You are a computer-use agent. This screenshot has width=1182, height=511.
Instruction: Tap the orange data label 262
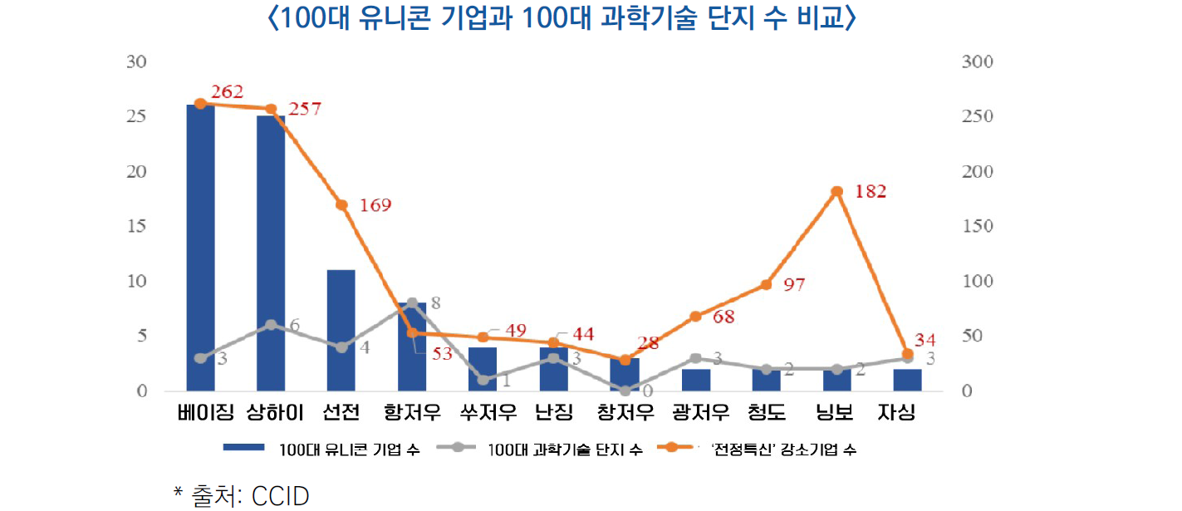click(x=227, y=91)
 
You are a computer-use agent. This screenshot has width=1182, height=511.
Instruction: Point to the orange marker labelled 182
click(x=836, y=192)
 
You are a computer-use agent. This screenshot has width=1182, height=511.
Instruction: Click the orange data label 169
click(x=375, y=205)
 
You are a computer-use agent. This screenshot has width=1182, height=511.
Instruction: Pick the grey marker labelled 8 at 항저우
click(x=412, y=303)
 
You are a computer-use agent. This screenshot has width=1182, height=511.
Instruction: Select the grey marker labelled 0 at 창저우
click(x=625, y=391)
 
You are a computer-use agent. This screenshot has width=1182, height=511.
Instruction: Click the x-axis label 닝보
click(x=835, y=412)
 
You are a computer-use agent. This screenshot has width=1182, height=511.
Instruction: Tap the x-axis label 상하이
click(x=271, y=412)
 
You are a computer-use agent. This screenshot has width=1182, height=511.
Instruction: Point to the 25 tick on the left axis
click(x=136, y=117)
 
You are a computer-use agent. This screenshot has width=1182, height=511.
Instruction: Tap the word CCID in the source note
click(x=280, y=496)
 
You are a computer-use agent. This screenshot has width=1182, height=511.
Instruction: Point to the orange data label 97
click(x=794, y=285)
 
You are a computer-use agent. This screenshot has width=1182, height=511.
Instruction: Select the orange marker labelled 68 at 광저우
click(x=695, y=317)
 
